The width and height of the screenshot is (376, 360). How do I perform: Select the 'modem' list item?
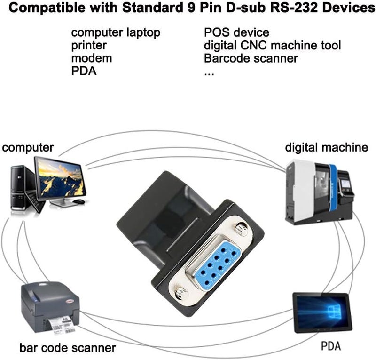(92, 58)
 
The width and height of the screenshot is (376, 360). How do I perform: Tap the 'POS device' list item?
(236, 32)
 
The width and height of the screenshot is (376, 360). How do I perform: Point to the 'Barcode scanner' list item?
(251, 58)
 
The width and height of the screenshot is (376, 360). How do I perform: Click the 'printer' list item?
(89, 46)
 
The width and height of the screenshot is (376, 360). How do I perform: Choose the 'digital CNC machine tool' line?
(273, 46)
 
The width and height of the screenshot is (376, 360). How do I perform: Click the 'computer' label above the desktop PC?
(28, 148)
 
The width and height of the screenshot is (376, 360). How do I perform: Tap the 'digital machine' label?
(326, 148)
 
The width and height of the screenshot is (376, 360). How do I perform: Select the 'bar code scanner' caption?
(68, 348)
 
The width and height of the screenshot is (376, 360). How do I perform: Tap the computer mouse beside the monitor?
(79, 201)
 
